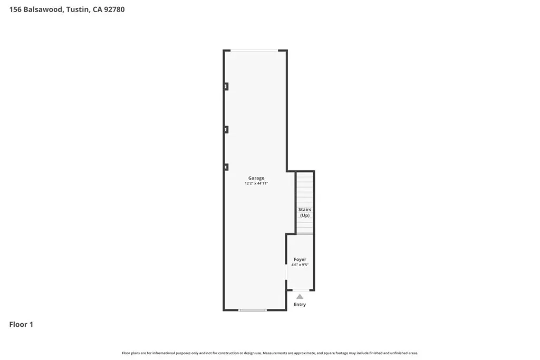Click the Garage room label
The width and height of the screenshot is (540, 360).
(256, 178)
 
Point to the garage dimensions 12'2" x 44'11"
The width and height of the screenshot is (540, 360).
(256, 183)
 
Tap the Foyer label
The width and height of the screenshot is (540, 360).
(300, 259)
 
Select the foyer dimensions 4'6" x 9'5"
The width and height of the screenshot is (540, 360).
(300, 265)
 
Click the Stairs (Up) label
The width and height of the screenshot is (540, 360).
(305, 212)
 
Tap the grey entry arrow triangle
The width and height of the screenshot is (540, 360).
(300, 297)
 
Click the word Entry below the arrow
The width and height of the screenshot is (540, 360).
(300, 305)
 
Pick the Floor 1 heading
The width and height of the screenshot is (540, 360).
(21, 325)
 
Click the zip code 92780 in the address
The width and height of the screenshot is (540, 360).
(114, 9)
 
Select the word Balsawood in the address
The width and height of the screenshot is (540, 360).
(43, 9)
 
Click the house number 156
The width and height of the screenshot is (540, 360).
(15, 9)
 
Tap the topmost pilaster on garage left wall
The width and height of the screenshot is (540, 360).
(226, 86)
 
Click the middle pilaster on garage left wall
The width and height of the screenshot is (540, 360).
(226, 130)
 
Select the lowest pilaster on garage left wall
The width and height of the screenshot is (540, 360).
(226, 167)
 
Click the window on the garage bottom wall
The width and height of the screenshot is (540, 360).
(253, 310)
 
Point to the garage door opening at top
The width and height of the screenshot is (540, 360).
(254, 51)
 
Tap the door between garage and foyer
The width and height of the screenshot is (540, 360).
(286, 272)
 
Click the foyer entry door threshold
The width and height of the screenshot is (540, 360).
(301, 290)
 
